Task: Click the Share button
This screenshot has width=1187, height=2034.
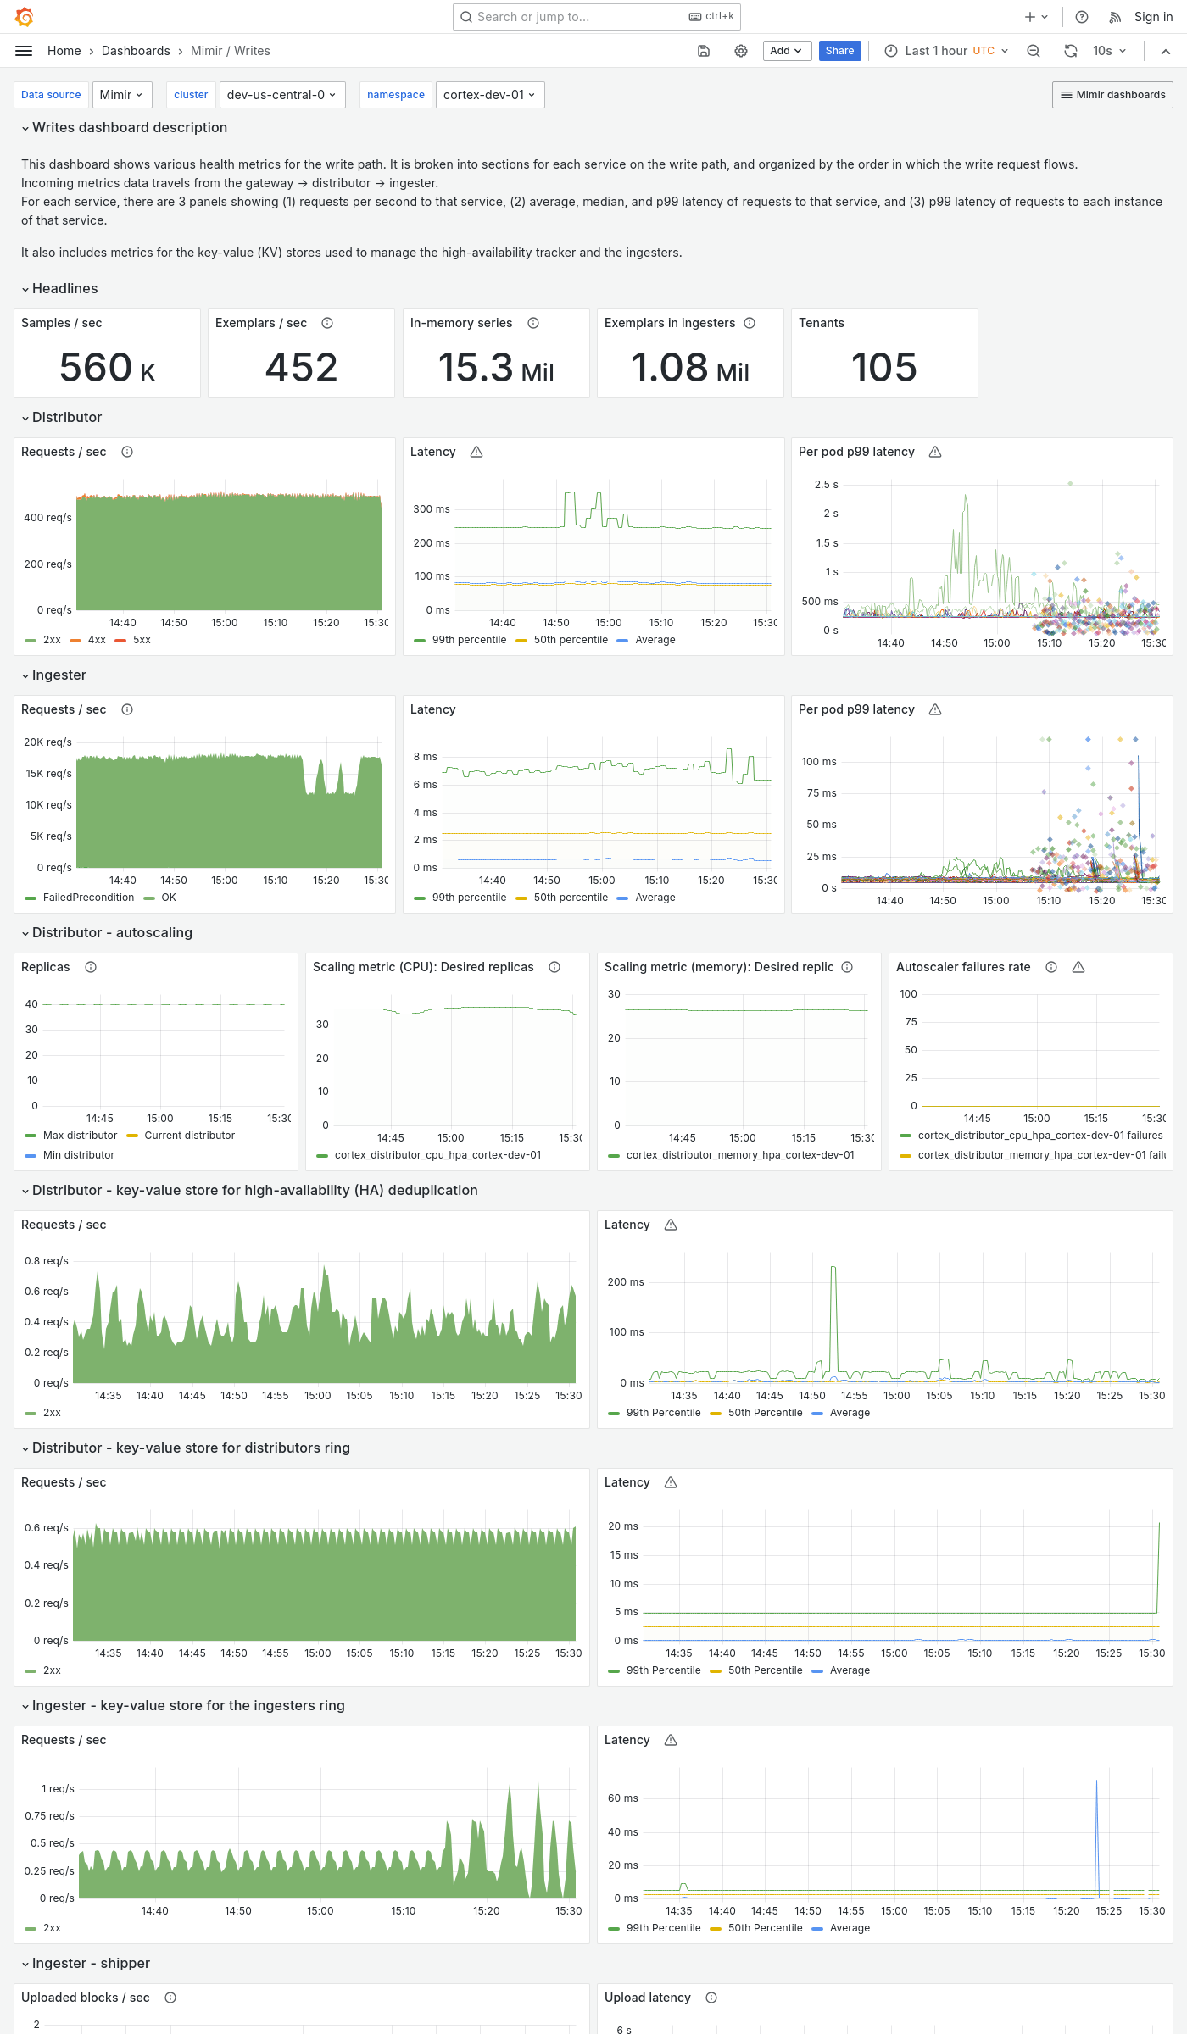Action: click(x=839, y=51)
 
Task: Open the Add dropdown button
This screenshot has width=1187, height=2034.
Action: click(x=786, y=51)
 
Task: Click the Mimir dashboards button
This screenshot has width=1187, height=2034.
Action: click(x=1112, y=95)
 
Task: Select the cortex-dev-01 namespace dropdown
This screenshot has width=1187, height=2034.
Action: click(x=489, y=95)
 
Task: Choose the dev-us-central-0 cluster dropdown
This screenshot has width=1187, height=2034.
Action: click(x=281, y=95)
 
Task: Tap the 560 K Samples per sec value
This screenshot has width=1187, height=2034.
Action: click(x=108, y=368)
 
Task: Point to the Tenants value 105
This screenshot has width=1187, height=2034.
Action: click(x=883, y=368)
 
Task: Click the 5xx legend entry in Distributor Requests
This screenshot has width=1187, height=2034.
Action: click(x=141, y=640)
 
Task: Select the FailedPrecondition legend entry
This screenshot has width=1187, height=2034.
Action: click(x=88, y=898)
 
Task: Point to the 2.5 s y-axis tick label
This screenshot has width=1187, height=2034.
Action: click(x=826, y=485)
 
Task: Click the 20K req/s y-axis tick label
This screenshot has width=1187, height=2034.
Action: click(x=47, y=742)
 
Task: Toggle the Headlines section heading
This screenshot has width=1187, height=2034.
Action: click(x=64, y=289)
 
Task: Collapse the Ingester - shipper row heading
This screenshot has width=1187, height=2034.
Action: click(x=91, y=1964)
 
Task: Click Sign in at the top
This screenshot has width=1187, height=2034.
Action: click(x=1153, y=17)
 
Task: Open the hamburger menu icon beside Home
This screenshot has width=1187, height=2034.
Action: click(x=24, y=51)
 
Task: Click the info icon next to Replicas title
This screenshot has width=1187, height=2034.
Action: click(x=91, y=967)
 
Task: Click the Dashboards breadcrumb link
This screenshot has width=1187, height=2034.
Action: click(x=136, y=51)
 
